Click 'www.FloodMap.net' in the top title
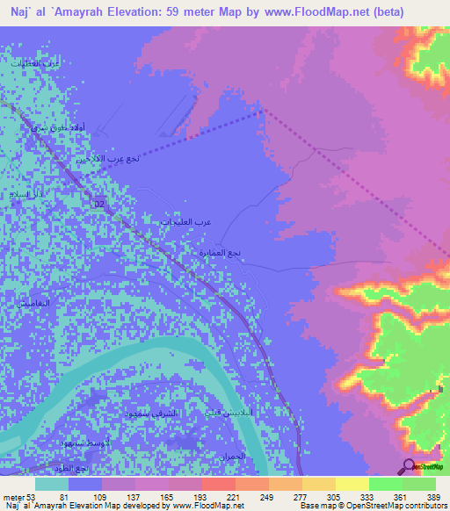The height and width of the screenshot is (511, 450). point(307,11)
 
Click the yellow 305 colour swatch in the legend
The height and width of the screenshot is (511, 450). point(318,483)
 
